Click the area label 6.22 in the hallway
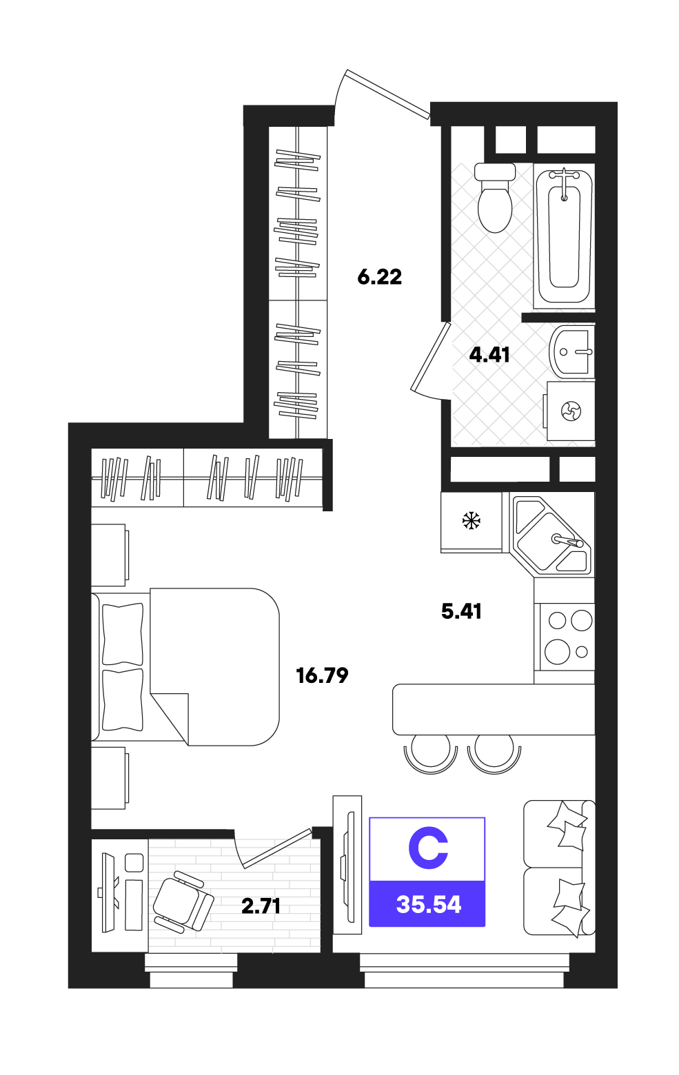click(x=379, y=277)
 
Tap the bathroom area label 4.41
click(x=489, y=355)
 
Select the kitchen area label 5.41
click(x=461, y=611)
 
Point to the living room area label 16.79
click(x=322, y=676)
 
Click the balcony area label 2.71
click(x=261, y=906)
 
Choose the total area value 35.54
click(x=428, y=905)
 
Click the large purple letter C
click(x=428, y=848)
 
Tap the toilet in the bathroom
click(x=495, y=198)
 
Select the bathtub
click(x=565, y=238)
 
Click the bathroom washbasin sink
click(x=571, y=351)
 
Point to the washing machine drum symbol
click(x=571, y=411)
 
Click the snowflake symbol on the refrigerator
click(x=471, y=520)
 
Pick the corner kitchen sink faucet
click(x=568, y=541)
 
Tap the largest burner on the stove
click(x=558, y=652)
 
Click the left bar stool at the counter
click(x=431, y=753)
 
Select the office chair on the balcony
click(x=183, y=902)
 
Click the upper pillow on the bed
click(x=123, y=634)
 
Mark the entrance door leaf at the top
click(x=388, y=94)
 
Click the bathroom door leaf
click(x=431, y=356)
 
